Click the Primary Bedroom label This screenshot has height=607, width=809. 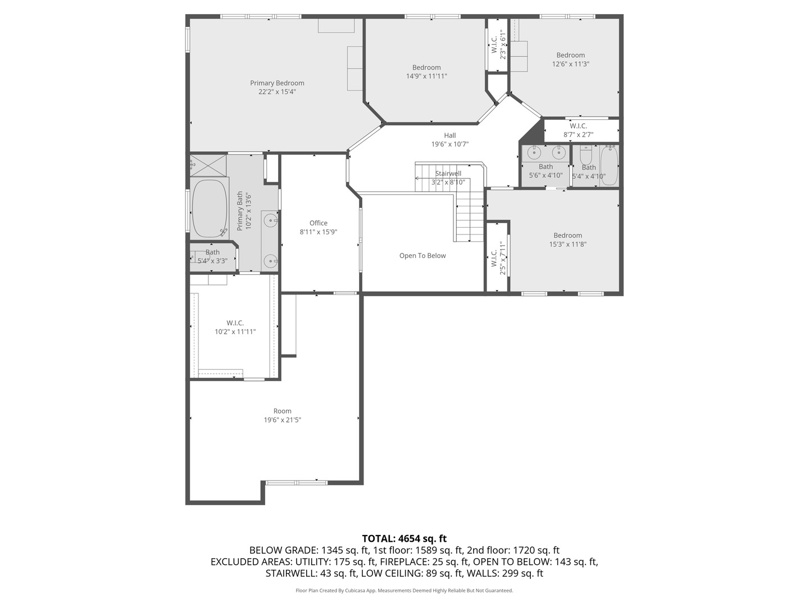(x=277, y=83)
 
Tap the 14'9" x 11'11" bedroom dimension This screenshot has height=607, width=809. (x=426, y=76)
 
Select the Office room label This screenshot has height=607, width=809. (x=318, y=223)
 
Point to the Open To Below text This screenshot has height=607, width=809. (x=422, y=256)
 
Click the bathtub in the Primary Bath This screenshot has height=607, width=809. (x=210, y=209)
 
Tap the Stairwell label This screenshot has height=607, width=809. (x=448, y=174)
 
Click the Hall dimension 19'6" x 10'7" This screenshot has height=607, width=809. (x=449, y=144)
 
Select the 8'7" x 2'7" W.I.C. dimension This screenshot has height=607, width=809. (x=578, y=135)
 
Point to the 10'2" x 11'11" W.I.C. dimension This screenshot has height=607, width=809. (x=235, y=332)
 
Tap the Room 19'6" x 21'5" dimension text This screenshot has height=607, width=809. (x=282, y=420)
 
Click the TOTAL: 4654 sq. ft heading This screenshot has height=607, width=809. (x=404, y=538)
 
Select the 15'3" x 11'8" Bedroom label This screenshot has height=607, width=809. (x=567, y=235)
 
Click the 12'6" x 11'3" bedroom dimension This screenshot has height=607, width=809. (x=570, y=64)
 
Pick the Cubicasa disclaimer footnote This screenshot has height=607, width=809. (x=404, y=591)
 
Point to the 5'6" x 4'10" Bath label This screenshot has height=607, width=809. (x=546, y=167)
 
